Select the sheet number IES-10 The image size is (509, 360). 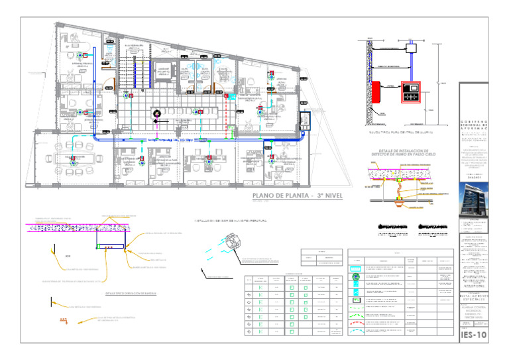point(473,335)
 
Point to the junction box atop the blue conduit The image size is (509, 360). point(411,48)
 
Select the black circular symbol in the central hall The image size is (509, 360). point(156,113)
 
